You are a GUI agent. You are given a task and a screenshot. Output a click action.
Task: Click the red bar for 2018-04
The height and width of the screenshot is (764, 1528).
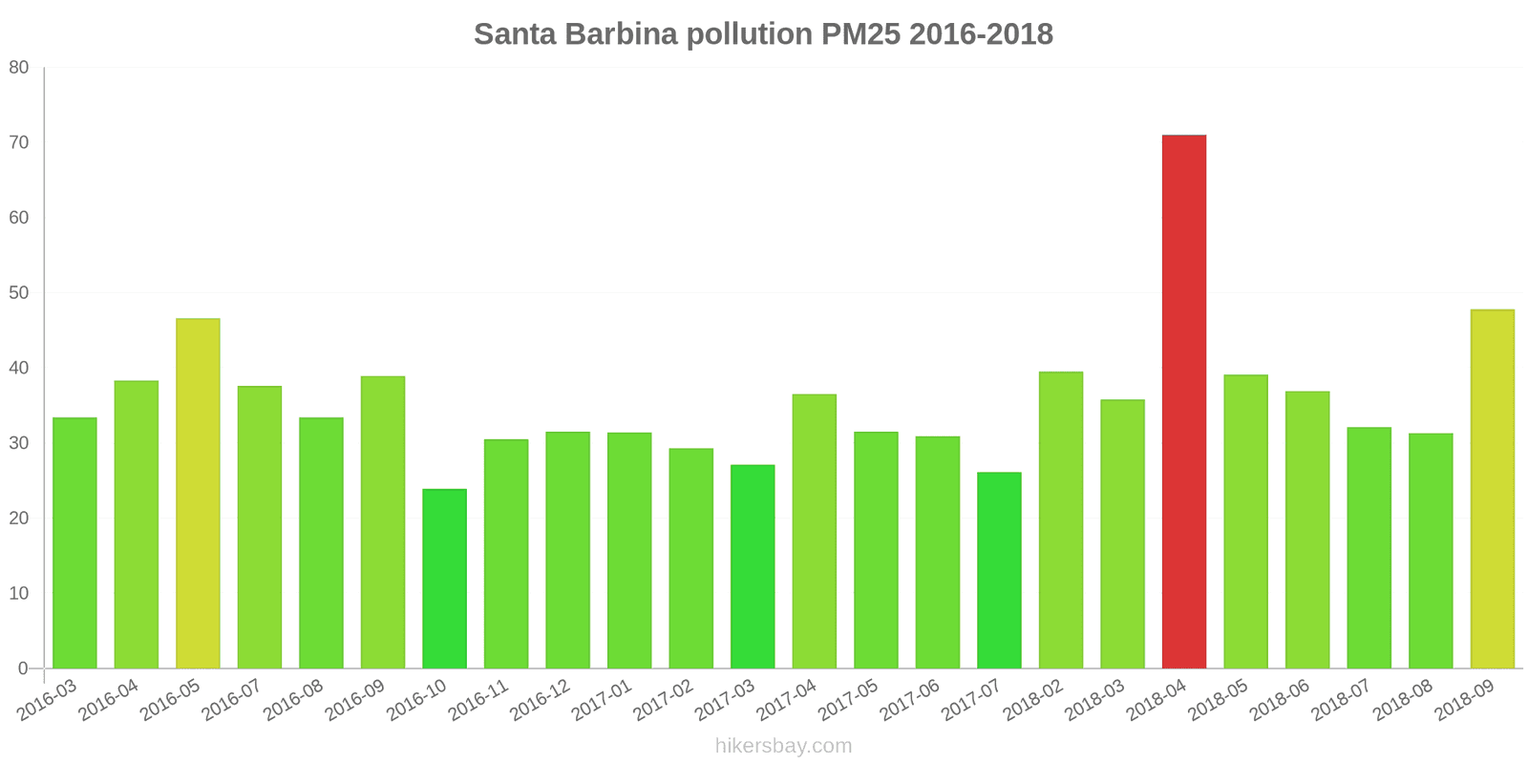pyautogui.click(x=1183, y=401)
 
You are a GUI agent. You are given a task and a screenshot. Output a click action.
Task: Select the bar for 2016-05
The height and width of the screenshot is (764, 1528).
pyautogui.click(x=198, y=493)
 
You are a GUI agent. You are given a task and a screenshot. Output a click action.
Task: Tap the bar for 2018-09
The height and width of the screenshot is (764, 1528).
pyautogui.click(x=1492, y=489)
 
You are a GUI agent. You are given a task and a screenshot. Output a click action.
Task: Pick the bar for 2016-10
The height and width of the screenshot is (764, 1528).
pyautogui.click(x=444, y=579)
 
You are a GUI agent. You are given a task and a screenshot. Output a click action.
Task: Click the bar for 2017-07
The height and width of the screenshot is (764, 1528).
pyautogui.click(x=999, y=570)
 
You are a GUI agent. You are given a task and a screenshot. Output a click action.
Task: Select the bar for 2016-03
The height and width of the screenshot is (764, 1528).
pyautogui.click(x=74, y=542)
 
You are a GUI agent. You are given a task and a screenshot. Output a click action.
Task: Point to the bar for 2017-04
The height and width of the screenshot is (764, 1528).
pyautogui.click(x=814, y=531)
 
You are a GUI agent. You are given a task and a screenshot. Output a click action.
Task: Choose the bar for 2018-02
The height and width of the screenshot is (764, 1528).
pyautogui.click(x=1060, y=520)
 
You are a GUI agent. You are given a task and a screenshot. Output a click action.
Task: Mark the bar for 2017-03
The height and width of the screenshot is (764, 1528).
pyautogui.click(x=753, y=566)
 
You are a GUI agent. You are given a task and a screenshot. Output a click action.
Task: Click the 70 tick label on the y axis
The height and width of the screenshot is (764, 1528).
pyautogui.click(x=19, y=142)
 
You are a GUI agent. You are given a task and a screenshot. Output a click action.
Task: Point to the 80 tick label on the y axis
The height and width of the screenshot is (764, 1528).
pyautogui.click(x=19, y=68)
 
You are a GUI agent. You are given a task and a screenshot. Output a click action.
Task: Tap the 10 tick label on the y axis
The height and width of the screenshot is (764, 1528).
pyautogui.click(x=19, y=593)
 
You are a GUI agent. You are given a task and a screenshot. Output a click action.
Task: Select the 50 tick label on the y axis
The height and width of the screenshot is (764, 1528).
pyautogui.click(x=19, y=292)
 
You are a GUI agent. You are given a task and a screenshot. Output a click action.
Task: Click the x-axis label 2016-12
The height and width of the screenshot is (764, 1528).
pyautogui.click(x=541, y=701)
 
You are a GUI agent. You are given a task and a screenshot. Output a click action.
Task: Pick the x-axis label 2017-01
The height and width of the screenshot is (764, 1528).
pyautogui.click(x=602, y=701)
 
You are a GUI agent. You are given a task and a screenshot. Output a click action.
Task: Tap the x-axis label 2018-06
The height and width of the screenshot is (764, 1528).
pyautogui.click(x=1280, y=701)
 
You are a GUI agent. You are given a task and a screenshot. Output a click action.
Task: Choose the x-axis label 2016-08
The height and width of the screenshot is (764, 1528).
pyautogui.click(x=294, y=701)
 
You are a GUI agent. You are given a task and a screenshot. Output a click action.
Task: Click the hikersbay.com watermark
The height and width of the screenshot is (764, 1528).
pyautogui.click(x=783, y=746)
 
